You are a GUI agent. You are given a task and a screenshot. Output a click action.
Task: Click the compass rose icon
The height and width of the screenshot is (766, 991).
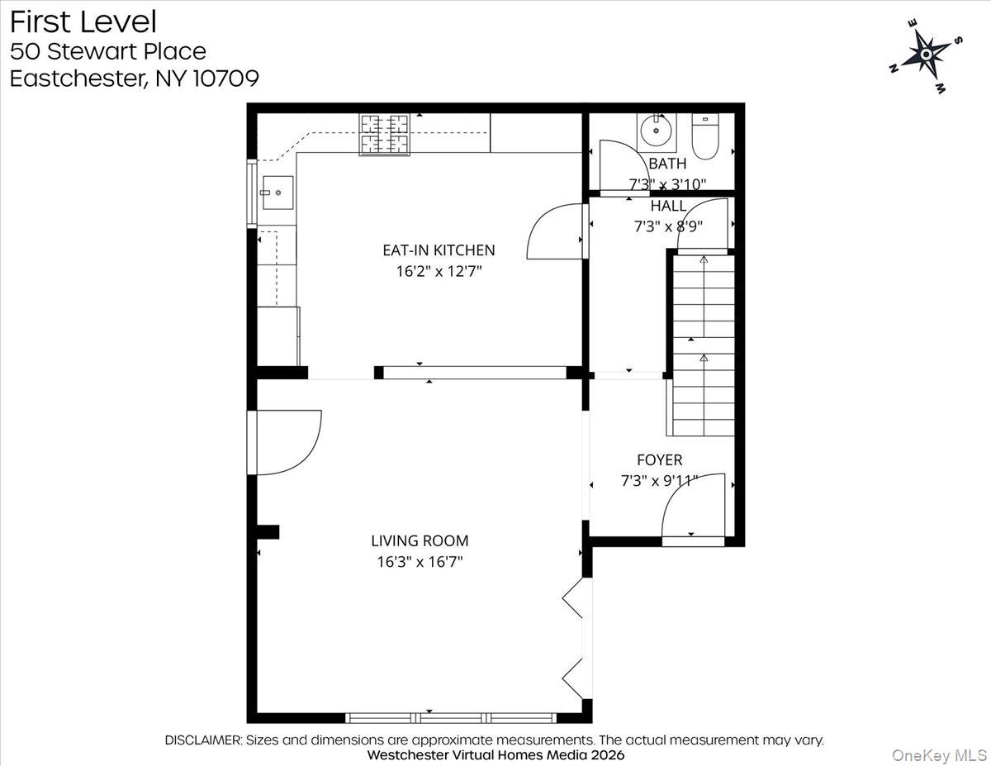926,55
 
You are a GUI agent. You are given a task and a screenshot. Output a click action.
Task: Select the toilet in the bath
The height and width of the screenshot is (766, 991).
706,137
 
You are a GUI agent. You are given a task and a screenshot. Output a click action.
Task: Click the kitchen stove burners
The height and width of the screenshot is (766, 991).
384,134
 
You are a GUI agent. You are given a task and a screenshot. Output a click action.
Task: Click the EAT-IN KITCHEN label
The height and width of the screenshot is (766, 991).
439,250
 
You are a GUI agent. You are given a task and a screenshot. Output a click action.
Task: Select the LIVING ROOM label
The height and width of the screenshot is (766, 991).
420,541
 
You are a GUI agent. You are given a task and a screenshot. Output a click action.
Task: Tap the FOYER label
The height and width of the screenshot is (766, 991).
659,460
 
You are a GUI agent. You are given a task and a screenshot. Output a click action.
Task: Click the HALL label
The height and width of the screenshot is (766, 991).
668,206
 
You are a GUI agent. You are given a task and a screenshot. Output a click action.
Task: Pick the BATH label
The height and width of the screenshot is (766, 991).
667,164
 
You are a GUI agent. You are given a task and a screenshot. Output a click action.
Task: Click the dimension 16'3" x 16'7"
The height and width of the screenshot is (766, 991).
420,562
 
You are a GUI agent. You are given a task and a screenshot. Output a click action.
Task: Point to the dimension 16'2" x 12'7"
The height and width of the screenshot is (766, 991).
439,270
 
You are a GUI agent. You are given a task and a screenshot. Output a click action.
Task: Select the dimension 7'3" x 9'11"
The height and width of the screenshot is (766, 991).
659,481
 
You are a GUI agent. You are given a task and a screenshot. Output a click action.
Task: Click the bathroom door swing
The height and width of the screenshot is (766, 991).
615,165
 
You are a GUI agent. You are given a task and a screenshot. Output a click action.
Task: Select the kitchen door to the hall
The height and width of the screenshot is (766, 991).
557,229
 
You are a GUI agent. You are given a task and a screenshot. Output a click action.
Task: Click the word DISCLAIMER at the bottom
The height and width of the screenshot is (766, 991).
203,740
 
